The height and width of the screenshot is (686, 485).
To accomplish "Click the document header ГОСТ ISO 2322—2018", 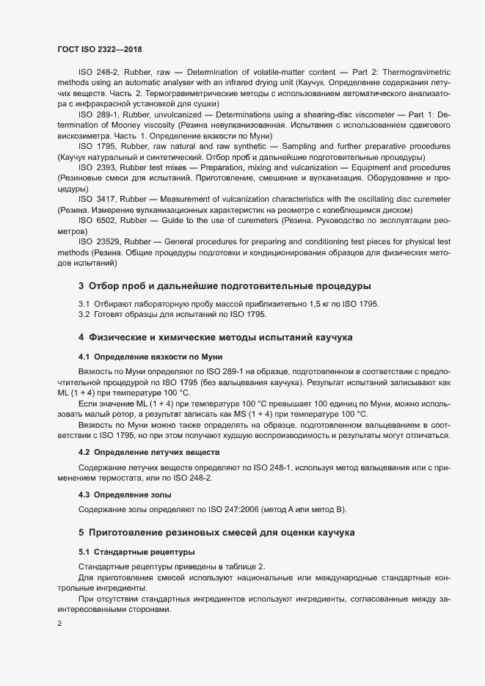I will tap(99, 49).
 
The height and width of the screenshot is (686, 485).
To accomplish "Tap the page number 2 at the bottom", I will tap(59, 624).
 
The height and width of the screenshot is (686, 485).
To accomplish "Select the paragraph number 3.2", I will tap(84, 315).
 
